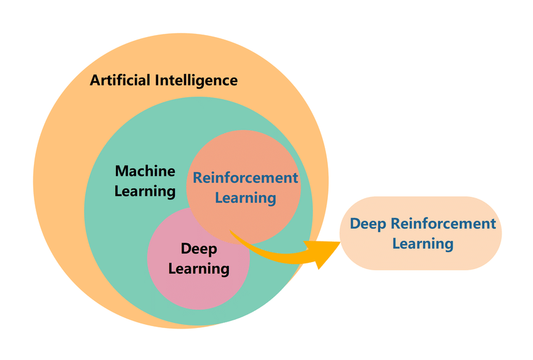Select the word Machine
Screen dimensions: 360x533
145,171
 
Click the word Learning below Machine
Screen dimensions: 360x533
145,191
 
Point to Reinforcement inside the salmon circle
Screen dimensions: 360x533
245,177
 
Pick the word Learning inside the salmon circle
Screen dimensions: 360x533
245,198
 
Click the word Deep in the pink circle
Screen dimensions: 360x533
199,249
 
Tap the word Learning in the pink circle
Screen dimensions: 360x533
199,269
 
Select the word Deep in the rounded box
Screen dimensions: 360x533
368,223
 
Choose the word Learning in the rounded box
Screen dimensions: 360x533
423,243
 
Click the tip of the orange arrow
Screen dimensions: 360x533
339,246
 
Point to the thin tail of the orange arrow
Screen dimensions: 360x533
233,233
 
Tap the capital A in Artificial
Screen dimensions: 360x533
95,80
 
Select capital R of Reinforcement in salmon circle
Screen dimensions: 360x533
198,177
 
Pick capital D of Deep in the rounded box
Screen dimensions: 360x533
355,223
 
